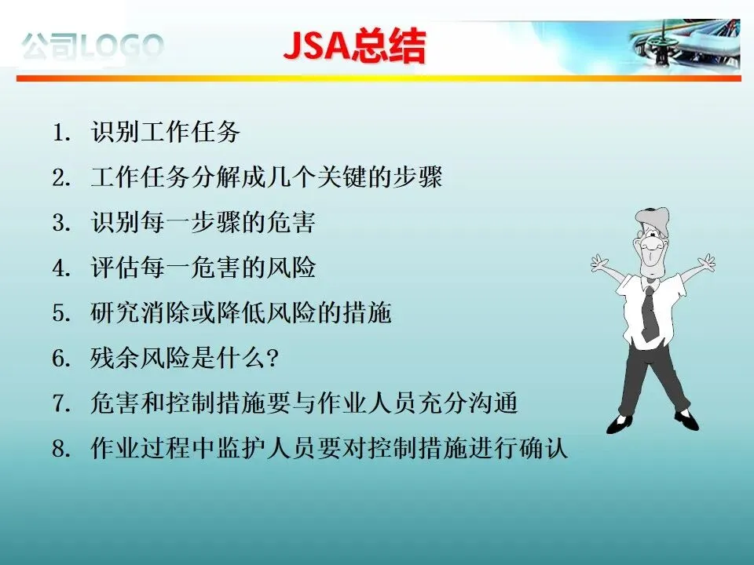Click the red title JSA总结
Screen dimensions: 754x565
coord(354,46)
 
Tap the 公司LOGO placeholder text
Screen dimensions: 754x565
coord(93,47)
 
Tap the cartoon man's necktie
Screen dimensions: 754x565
coord(650,313)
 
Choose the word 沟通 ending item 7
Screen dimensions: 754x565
coord(493,403)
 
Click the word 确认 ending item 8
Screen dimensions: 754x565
coord(544,448)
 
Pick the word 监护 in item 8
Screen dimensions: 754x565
coord(240,448)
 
